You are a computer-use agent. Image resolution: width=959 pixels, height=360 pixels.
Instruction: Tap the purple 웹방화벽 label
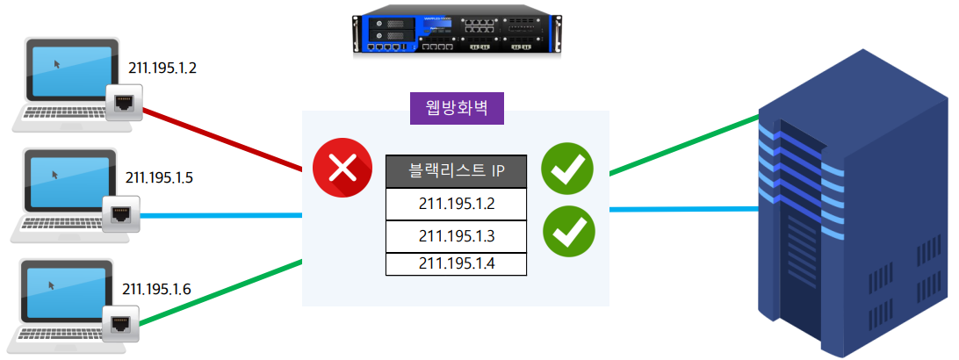456,108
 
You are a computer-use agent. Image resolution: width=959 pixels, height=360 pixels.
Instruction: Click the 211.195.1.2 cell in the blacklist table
456,204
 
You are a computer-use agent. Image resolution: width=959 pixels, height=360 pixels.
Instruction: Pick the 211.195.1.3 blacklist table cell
456,235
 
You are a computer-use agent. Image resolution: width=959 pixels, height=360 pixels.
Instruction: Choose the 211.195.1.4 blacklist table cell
456,263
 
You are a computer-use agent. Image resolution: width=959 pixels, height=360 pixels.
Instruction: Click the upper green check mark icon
567,167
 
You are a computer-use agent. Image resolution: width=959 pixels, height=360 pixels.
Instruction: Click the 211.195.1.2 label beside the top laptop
162,68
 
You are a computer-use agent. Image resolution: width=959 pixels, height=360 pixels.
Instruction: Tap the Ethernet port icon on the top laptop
122,103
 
